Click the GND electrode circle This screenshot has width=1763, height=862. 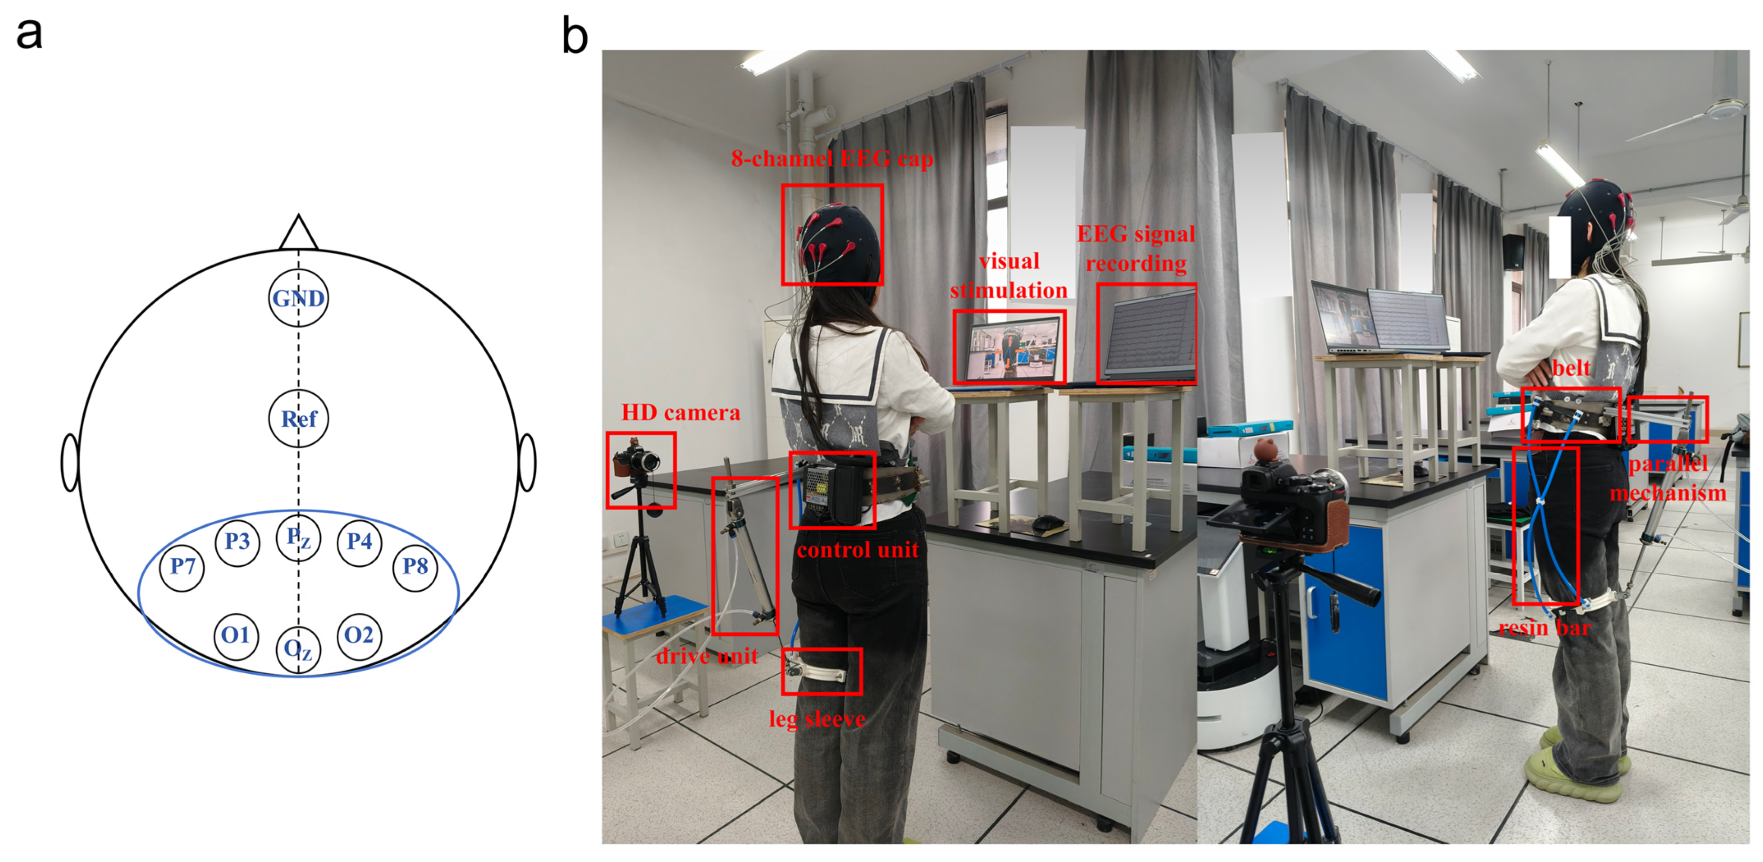coord(298,298)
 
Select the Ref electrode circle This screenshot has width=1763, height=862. coord(298,418)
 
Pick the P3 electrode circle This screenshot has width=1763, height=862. coord(237,542)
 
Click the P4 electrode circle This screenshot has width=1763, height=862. coord(359,542)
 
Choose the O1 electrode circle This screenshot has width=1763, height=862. coord(235,635)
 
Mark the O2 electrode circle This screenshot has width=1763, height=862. coord(359,635)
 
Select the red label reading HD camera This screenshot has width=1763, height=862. coord(680,413)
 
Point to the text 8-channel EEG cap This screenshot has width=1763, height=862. coord(831,159)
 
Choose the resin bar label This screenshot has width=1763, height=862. coord(1544,628)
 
